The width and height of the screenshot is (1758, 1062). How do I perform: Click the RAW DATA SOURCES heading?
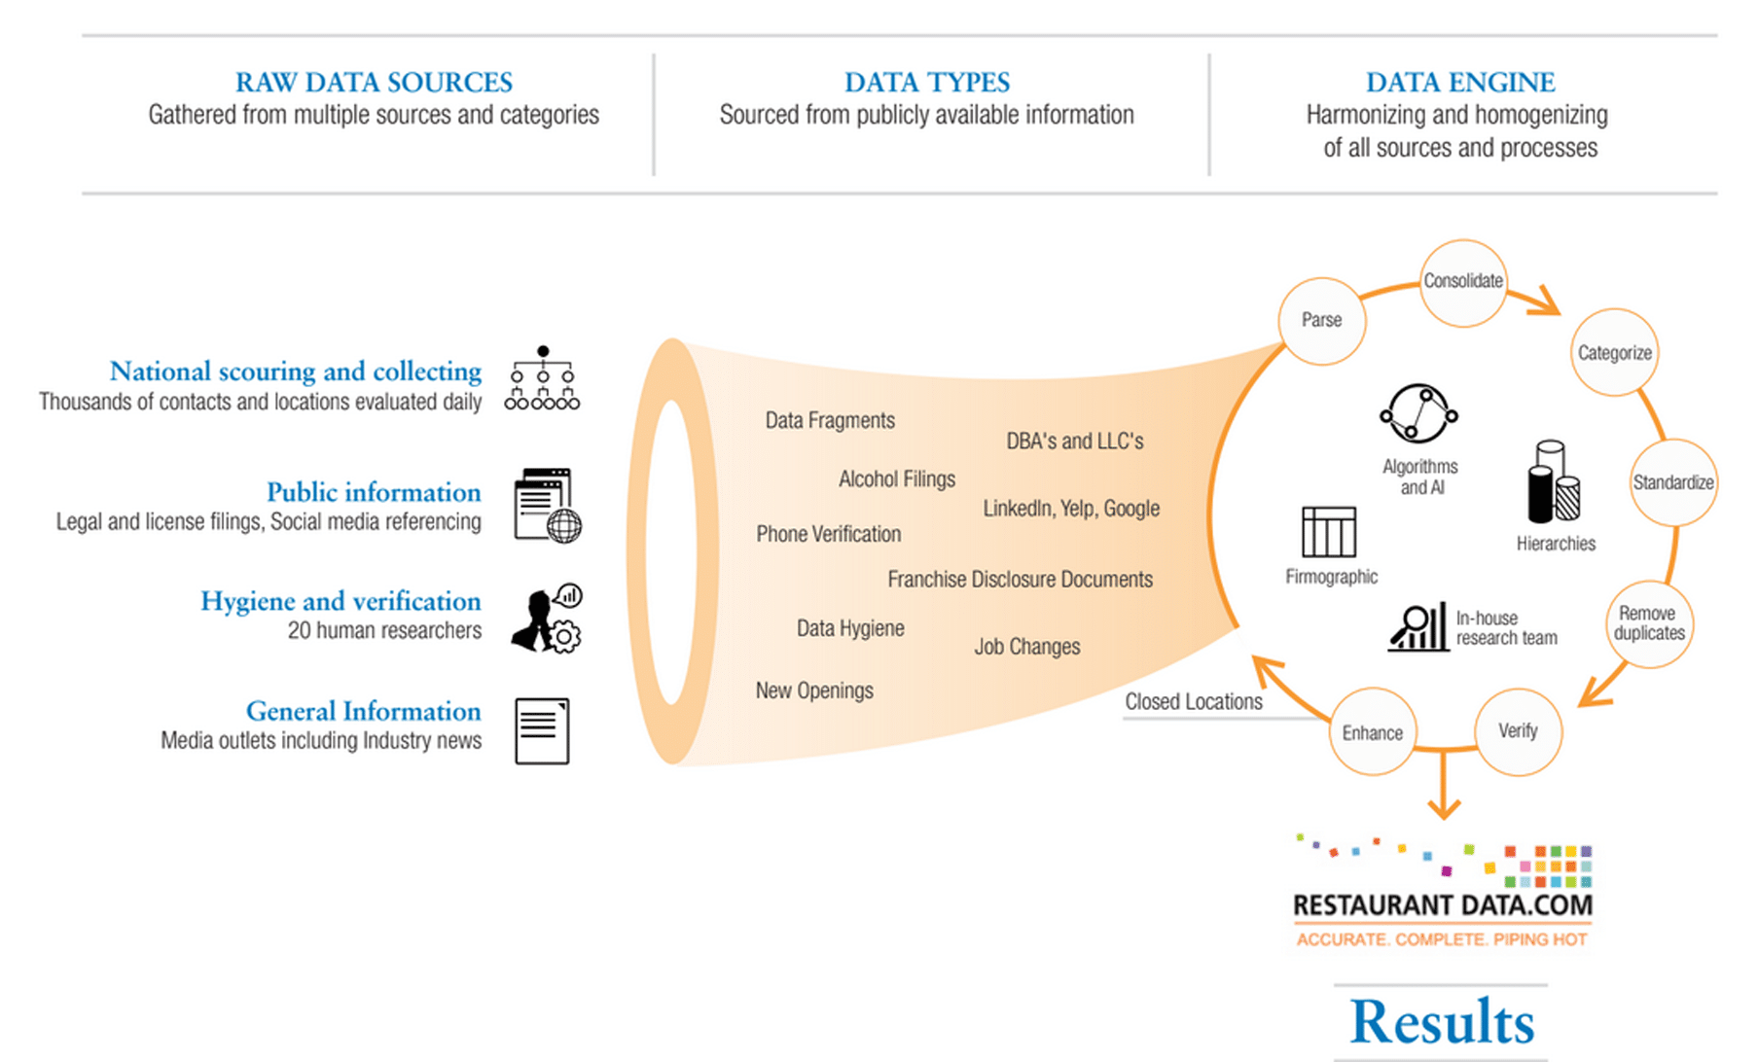(374, 82)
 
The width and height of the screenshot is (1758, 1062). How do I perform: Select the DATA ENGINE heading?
(1460, 82)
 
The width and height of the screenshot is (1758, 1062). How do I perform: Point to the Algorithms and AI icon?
(1418, 414)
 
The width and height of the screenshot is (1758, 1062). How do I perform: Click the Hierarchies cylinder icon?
(1554, 481)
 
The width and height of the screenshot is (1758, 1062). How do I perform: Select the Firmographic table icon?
(1329, 531)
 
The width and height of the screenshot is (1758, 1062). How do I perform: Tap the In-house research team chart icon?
(1418, 627)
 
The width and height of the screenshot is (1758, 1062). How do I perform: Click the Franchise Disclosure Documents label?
(1020, 580)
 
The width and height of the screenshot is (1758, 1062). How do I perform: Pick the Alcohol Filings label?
(897, 479)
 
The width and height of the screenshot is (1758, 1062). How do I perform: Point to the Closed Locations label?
(1194, 702)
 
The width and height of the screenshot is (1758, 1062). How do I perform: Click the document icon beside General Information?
(542, 731)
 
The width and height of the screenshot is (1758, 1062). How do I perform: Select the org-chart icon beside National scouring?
(542, 378)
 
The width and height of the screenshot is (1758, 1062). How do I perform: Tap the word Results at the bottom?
(1442, 1022)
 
